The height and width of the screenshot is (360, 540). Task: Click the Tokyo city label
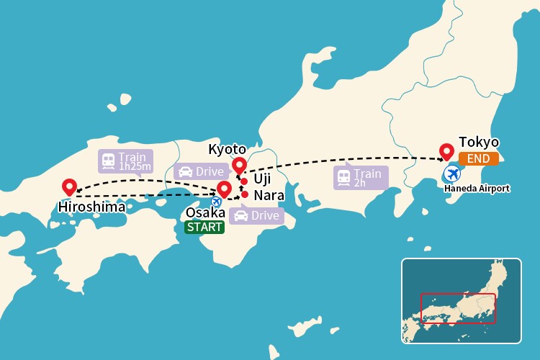point(479,142)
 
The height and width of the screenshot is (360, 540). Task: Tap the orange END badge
point(478,158)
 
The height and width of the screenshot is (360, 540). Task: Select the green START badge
point(204,228)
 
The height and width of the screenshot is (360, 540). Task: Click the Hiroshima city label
point(91,207)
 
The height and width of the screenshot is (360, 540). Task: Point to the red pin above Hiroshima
point(69,186)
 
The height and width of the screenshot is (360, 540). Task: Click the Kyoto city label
point(227,149)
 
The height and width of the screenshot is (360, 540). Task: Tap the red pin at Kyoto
point(239,167)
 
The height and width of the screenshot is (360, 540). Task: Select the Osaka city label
point(205,212)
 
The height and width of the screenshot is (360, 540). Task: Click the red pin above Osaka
point(224,189)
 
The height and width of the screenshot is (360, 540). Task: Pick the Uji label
point(262,179)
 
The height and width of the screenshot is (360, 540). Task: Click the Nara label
point(269,196)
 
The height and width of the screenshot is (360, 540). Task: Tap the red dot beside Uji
point(245,181)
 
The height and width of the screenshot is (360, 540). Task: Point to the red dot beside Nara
point(246,195)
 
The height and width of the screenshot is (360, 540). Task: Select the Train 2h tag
point(360,177)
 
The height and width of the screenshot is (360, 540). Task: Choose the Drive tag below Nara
point(256,215)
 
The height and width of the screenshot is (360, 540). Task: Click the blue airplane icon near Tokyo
point(453,174)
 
